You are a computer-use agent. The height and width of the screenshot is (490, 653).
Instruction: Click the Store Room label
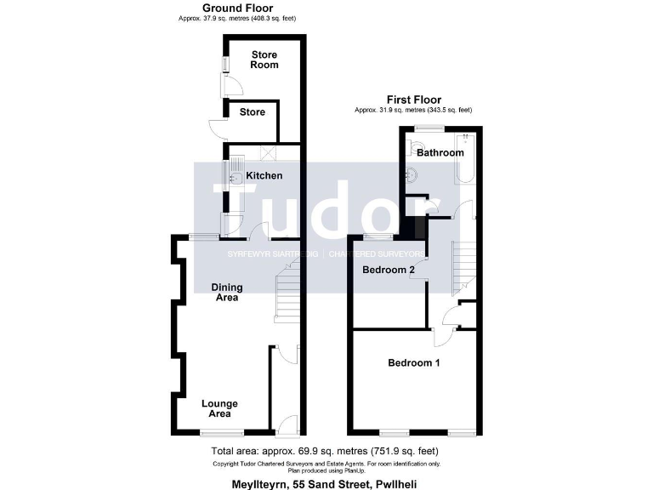pos(264,60)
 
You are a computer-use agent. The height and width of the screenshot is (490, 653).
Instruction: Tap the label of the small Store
pos(252,112)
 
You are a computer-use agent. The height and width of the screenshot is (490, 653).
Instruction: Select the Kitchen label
pos(264,176)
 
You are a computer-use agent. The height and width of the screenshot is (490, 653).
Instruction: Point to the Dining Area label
pos(224,293)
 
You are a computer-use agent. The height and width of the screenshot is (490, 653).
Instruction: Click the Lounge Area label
pos(219,408)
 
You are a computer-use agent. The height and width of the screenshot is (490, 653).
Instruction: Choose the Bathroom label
pos(440,153)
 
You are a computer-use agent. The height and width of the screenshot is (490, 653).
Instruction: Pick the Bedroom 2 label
pos(389,271)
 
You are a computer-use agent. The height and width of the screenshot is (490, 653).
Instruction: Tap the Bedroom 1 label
pos(414,363)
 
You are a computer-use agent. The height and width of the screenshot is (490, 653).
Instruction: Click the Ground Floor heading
pos(231,9)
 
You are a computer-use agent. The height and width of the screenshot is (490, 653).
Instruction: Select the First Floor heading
pos(414,100)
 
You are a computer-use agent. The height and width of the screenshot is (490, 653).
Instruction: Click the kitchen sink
pos(235,174)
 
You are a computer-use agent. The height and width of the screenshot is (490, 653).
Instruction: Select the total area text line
pos(326,450)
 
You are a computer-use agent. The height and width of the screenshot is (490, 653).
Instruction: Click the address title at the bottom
pos(326,482)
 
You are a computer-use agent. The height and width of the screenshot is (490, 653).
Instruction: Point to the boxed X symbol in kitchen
pos(270,153)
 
